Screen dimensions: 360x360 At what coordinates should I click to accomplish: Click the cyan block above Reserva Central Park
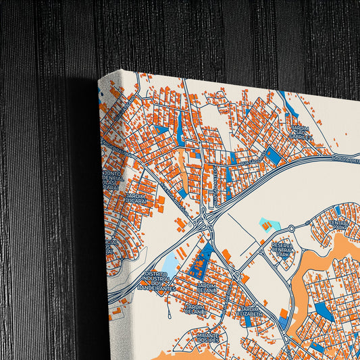pyautogui.click(x=269, y=224)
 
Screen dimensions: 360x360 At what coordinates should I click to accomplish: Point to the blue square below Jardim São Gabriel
pyautogui.click(x=273, y=156)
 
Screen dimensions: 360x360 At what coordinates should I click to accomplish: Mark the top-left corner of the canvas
pyautogui.click(x=99, y=77)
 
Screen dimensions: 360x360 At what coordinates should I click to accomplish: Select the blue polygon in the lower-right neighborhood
pyautogui.click(x=324, y=311)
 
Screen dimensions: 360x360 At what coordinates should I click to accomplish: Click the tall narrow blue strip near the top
pyautogui.click(x=180, y=128)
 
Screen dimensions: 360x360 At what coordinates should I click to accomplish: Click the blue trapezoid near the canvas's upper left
pyautogui.click(x=161, y=129)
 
